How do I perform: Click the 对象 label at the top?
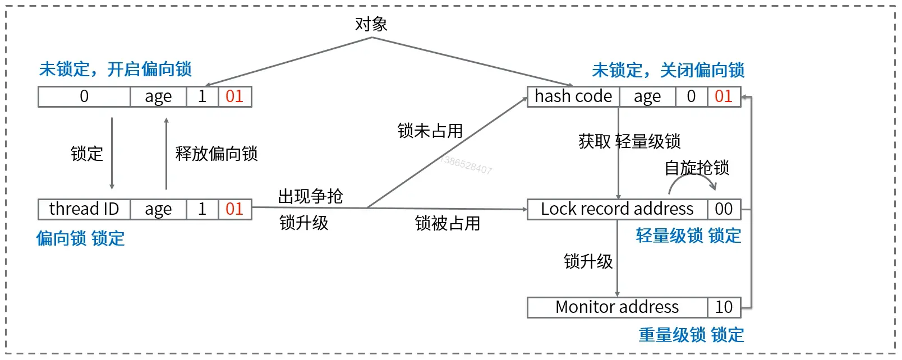click(371, 24)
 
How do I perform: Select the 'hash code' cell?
click(573, 96)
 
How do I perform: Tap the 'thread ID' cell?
click(84, 209)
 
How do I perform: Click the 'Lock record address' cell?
click(617, 209)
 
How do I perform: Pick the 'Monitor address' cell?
click(617, 307)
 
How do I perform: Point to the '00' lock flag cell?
click(724, 209)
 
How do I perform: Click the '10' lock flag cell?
click(724, 307)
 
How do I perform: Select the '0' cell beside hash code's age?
click(691, 96)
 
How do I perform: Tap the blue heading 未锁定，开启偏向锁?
click(115, 70)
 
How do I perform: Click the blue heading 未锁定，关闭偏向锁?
click(668, 71)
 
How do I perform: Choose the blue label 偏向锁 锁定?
click(80, 238)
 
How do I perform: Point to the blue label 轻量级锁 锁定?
click(688, 236)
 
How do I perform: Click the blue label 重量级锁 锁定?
click(691, 335)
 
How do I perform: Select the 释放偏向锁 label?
click(217, 154)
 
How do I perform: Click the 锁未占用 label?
click(430, 131)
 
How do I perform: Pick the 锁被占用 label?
click(448, 223)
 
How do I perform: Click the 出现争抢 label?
click(310, 196)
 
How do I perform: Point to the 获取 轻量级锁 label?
click(629, 141)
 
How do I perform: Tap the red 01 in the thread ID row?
click(234, 209)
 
